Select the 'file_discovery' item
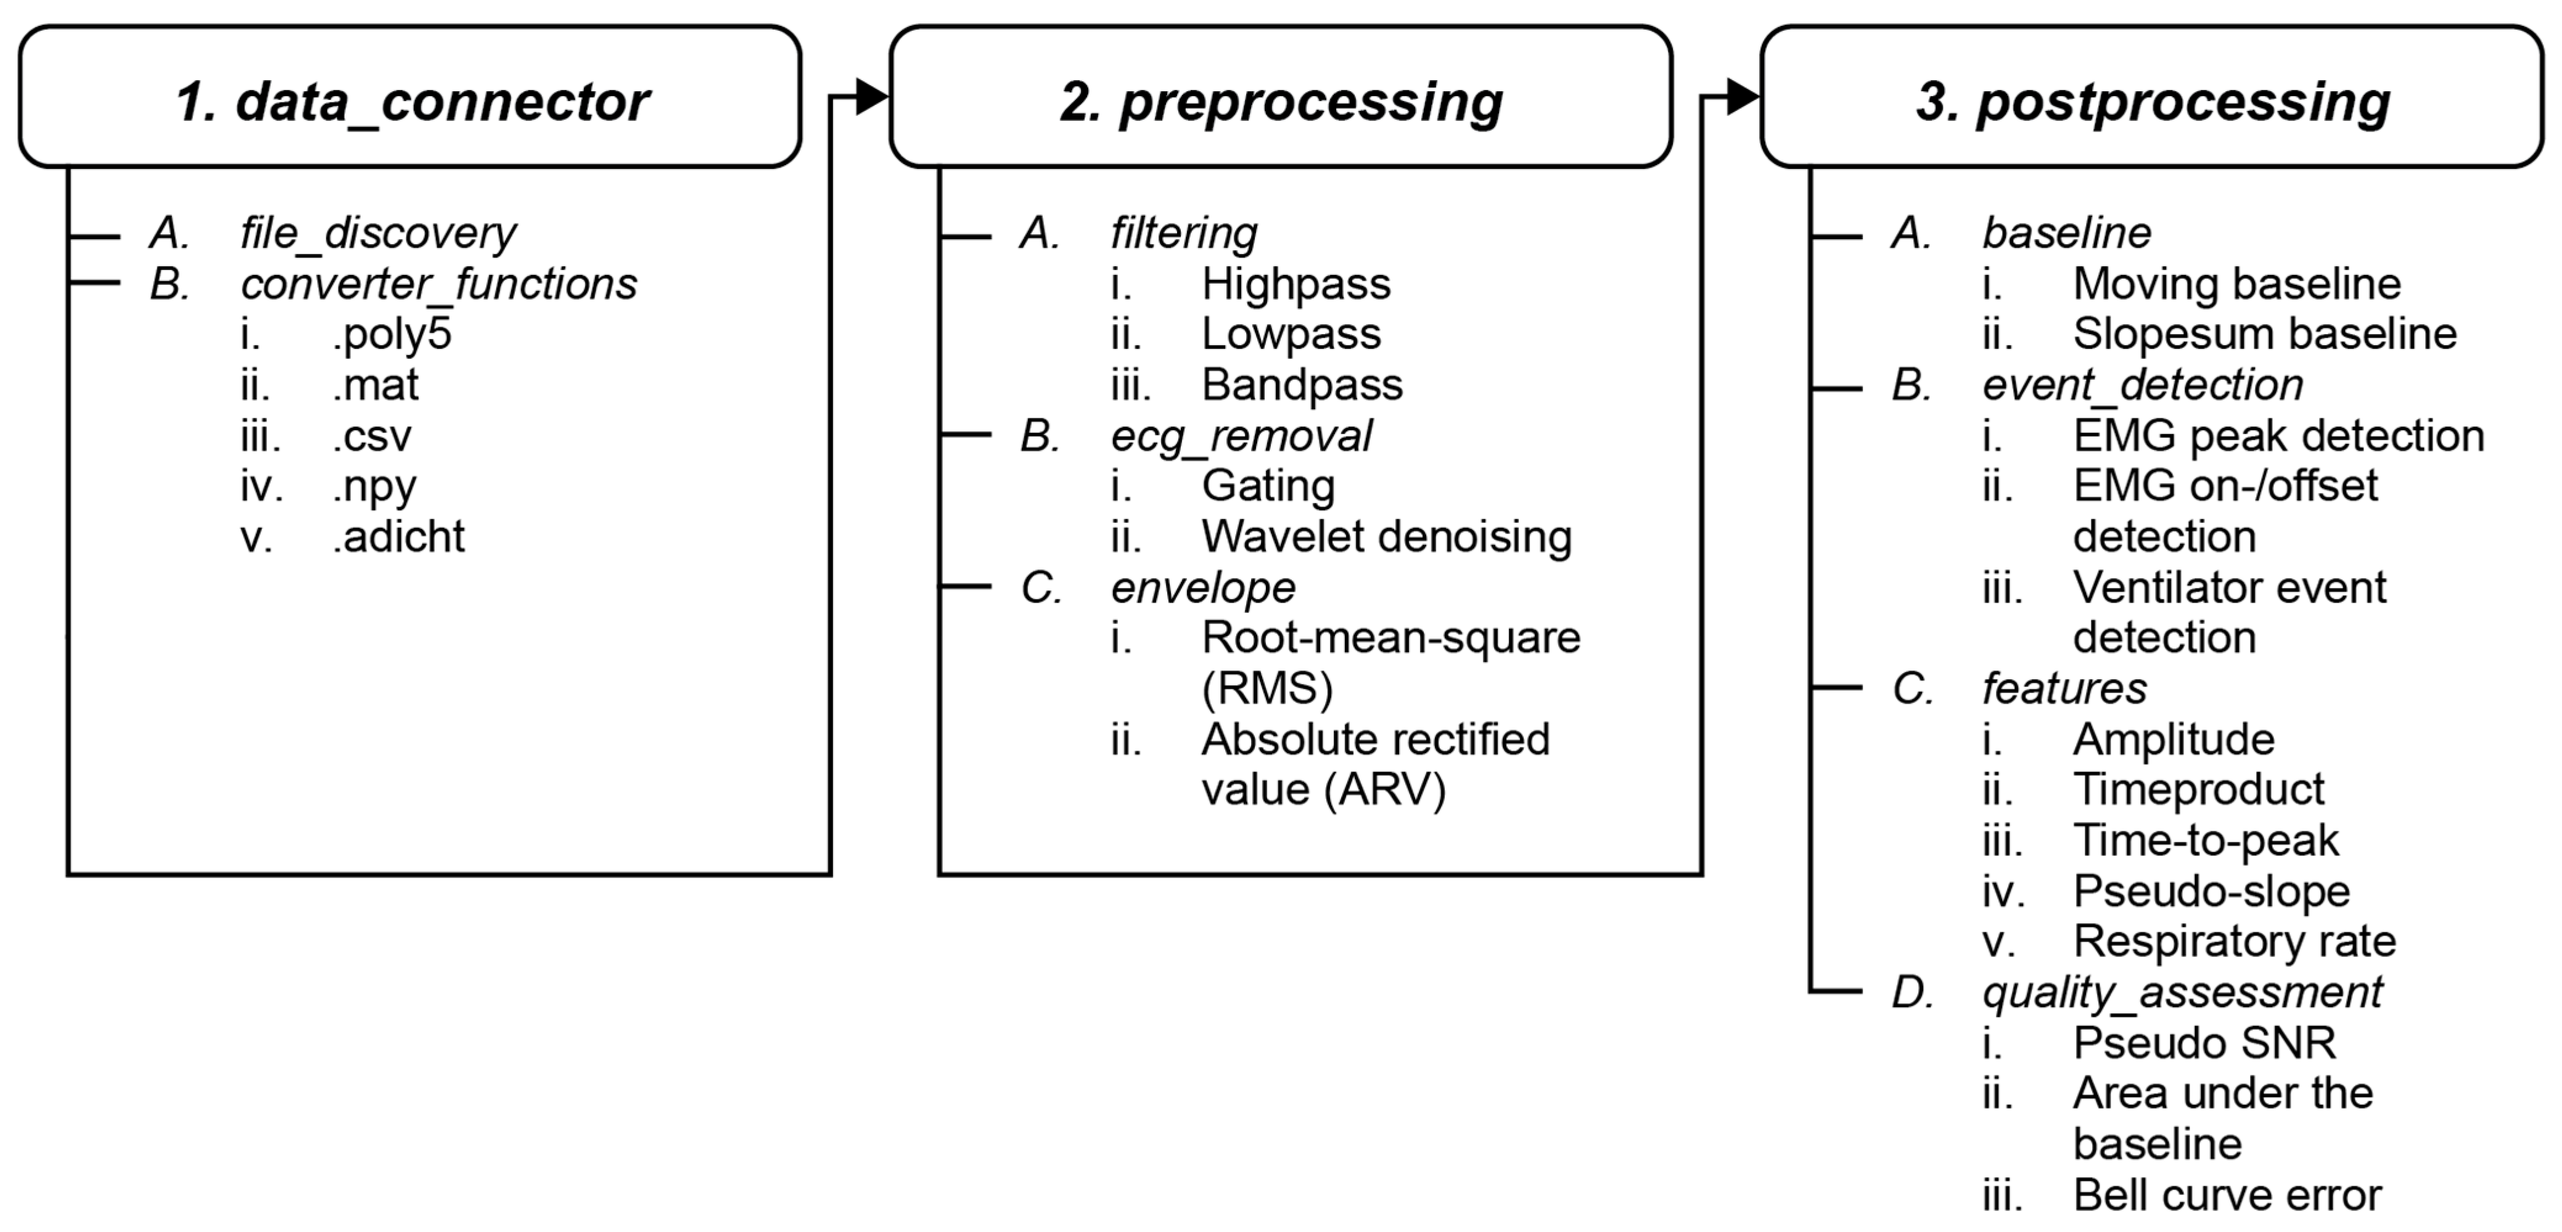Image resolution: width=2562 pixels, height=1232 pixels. [378, 234]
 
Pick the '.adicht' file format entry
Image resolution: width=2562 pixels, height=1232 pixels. [398, 537]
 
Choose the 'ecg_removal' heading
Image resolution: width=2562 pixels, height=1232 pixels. [1241, 436]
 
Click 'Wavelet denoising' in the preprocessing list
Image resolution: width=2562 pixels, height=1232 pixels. [1386, 537]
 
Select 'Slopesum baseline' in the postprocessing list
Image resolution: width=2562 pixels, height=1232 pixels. [2265, 334]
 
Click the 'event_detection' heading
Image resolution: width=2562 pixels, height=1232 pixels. [2142, 385]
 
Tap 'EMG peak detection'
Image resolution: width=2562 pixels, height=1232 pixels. [2278, 436]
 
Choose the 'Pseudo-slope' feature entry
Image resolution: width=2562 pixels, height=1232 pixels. [2211, 891]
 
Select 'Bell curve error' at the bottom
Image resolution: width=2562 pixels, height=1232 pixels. [2227, 1195]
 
